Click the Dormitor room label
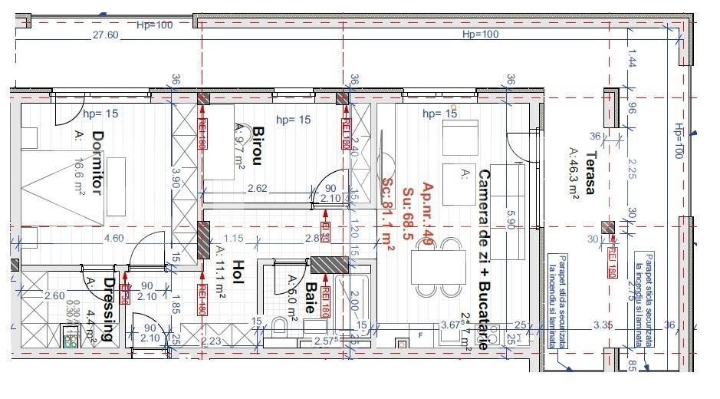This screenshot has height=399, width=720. (97, 163)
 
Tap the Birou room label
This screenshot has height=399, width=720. (258, 146)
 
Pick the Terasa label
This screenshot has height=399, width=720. (589, 173)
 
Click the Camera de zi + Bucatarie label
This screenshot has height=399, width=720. (484, 259)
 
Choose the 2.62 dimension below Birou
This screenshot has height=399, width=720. (257, 188)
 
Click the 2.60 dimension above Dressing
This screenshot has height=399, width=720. (54, 295)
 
